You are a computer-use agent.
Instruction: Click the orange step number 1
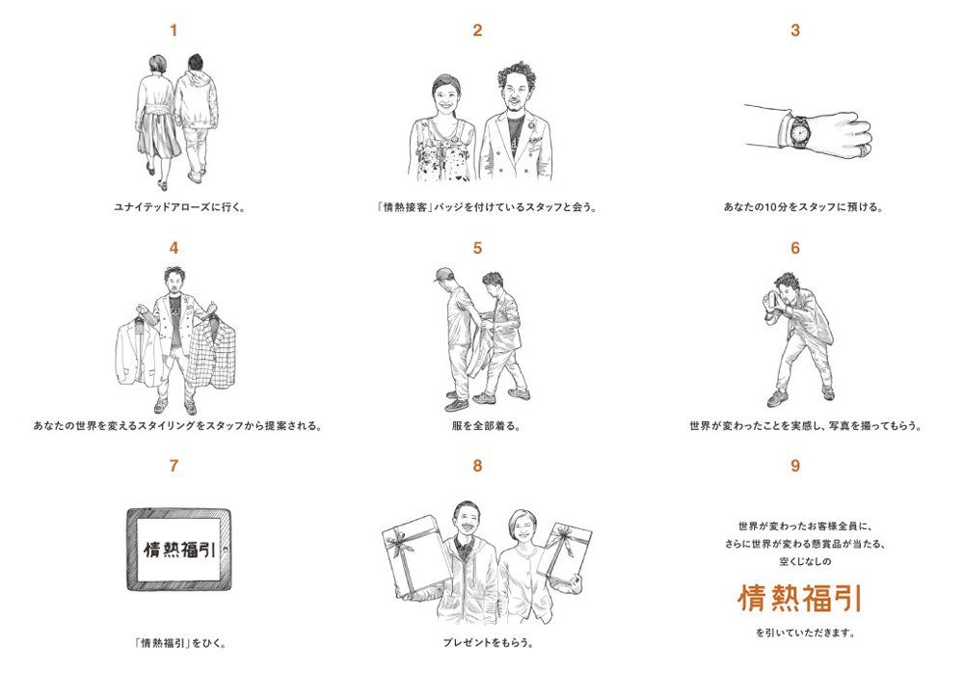[174, 30]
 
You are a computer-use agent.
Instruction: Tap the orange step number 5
[478, 249]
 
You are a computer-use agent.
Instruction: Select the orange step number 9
[795, 466]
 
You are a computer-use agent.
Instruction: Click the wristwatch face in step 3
[799, 130]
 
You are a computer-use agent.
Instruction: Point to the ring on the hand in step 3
[864, 148]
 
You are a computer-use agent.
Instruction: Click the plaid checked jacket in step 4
[213, 354]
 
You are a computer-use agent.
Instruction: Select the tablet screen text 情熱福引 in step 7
[179, 549]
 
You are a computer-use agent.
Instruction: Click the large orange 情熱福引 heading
[800, 598]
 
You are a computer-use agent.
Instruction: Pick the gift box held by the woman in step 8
[564, 552]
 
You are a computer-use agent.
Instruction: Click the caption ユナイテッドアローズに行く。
[180, 207]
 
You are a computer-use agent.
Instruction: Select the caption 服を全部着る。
[486, 425]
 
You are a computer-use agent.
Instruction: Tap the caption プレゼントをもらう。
[488, 643]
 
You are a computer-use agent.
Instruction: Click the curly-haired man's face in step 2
[515, 95]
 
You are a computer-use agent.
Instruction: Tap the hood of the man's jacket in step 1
[197, 79]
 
